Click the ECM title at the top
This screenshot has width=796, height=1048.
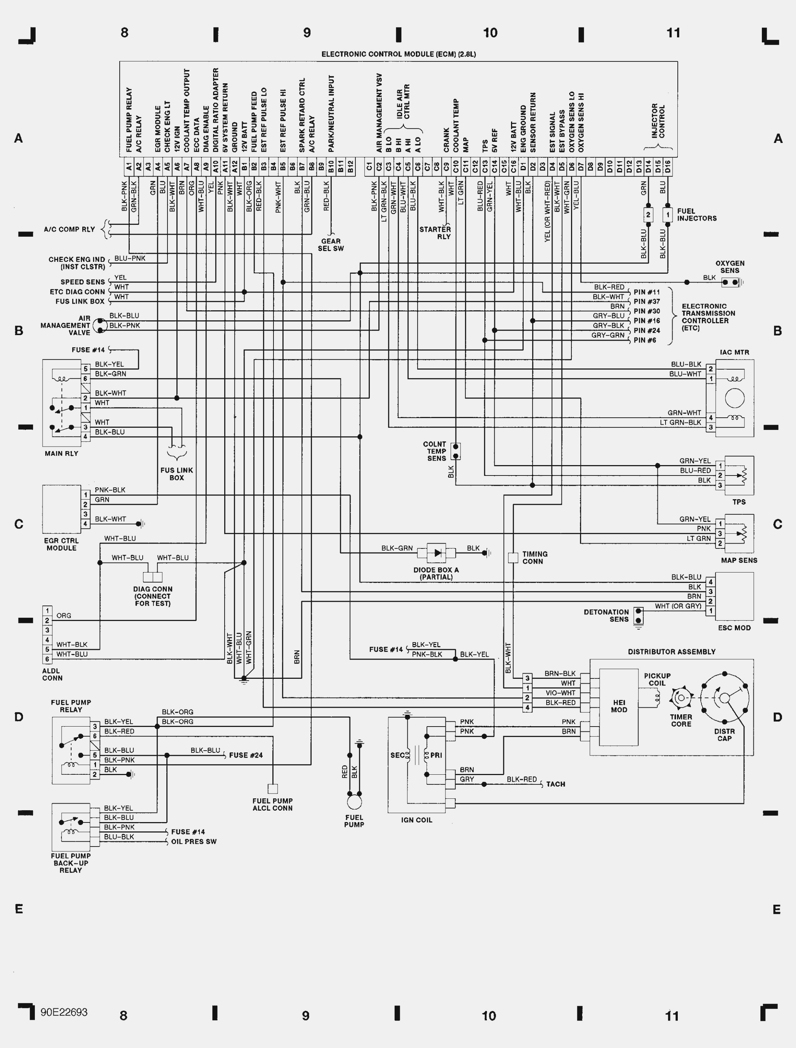point(399,54)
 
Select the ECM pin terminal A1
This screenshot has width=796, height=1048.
point(129,167)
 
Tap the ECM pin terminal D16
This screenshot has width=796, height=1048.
point(667,167)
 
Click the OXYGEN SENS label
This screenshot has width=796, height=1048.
point(730,267)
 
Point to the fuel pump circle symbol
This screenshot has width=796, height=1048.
point(354,802)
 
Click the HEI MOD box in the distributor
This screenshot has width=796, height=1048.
point(619,707)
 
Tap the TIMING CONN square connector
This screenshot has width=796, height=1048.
point(513,558)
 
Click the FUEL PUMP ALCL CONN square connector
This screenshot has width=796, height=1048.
point(273,788)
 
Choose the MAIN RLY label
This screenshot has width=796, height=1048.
point(61,453)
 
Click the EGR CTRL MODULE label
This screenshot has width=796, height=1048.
point(61,544)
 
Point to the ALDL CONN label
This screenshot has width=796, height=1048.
point(52,675)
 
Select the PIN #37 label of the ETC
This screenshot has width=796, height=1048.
point(647,301)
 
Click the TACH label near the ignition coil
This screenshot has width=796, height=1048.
point(555,784)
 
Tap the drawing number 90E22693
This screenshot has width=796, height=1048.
point(64,1012)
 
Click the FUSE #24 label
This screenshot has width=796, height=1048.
point(246,755)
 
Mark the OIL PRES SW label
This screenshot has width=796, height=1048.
point(194,841)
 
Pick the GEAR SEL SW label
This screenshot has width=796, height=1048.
point(331,244)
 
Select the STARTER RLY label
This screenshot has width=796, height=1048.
point(435,233)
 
